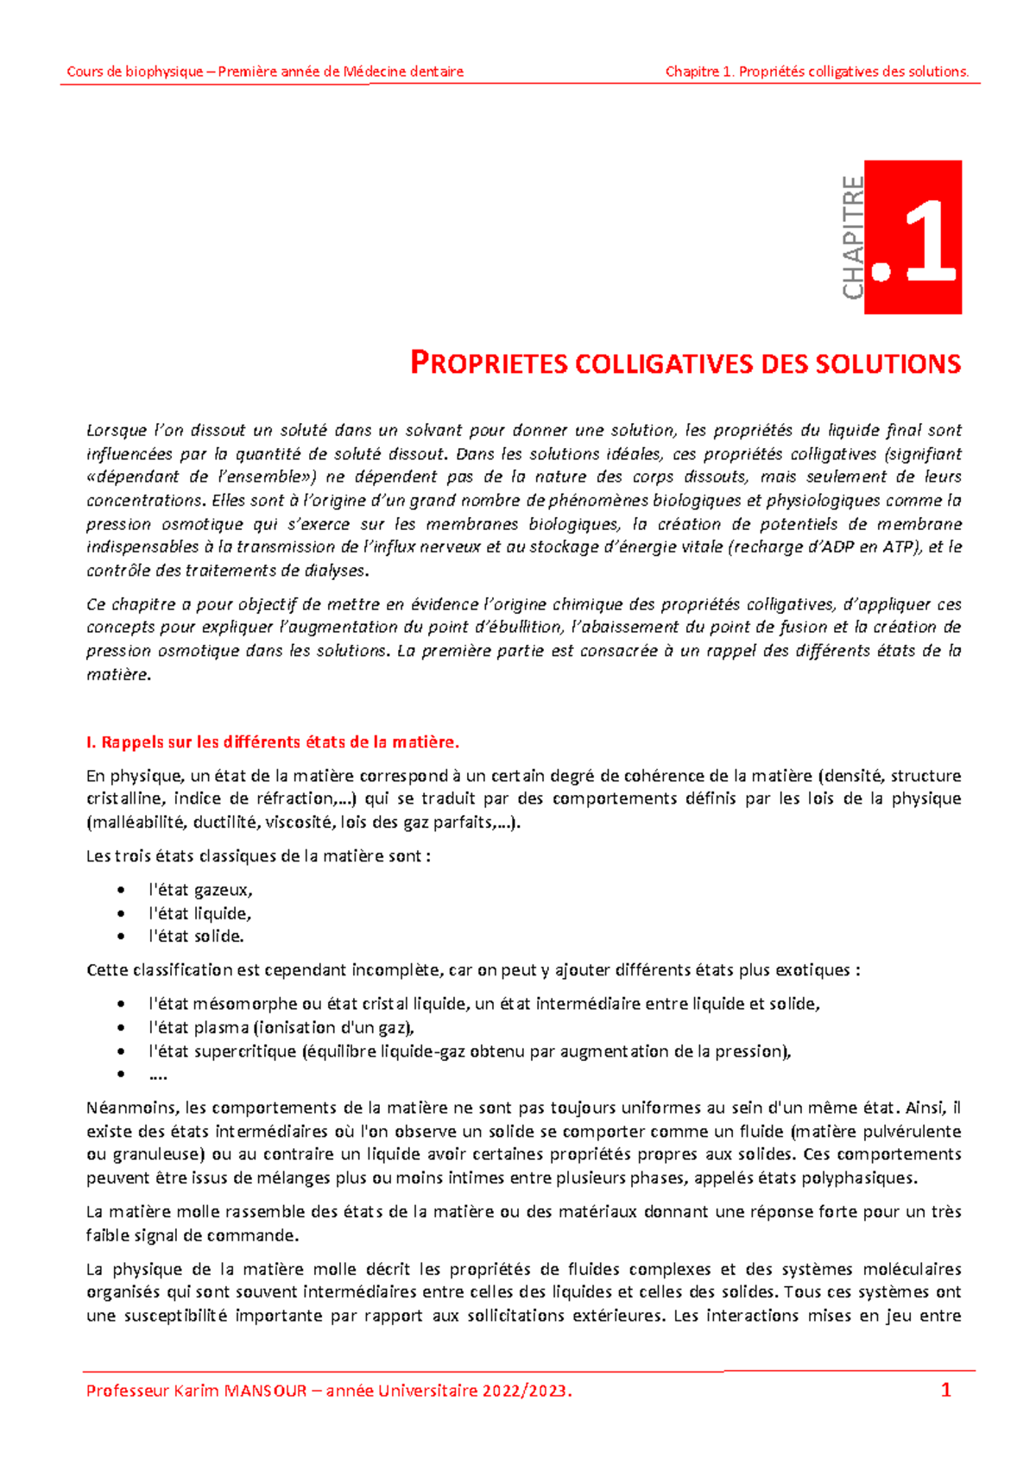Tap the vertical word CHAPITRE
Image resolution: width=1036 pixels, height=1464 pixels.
click(853, 237)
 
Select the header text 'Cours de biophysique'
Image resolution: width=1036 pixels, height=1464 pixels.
click(135, 72)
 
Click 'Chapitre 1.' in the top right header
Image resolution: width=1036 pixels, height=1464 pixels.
click(700, 72)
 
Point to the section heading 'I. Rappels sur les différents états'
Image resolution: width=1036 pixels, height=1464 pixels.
click(273, 741)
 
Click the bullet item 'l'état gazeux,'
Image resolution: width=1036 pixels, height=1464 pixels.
click(200, 890)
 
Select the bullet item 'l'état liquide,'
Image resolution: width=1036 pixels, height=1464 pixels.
click(199, 913)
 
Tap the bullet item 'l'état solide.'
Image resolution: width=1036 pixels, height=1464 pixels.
click(196, 936)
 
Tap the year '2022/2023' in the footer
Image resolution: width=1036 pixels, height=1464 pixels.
click(525, 1391)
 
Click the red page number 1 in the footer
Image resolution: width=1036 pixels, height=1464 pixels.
click(945, 1390)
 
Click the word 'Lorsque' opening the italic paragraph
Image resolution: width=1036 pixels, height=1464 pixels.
click(117, 430)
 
